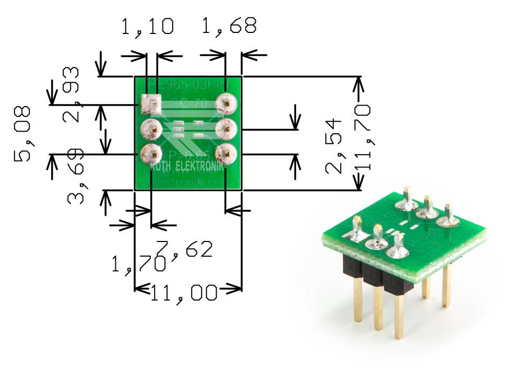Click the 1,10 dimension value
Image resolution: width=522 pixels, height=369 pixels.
pos(147,26)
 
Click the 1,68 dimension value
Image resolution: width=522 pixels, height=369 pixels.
pos(229,26)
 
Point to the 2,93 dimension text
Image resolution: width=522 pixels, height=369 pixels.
pos(71,94)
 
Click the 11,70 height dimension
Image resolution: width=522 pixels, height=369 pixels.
pos(362,137)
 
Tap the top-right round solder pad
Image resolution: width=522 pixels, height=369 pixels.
pos(226,103)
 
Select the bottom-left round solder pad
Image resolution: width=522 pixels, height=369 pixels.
pos(150,154)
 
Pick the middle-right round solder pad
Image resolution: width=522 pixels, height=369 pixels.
pos(226,127)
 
